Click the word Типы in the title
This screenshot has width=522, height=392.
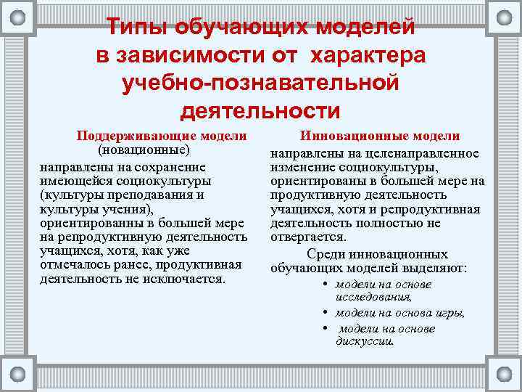(x=135, y=28)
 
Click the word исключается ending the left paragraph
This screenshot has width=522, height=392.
(x=188, y=279)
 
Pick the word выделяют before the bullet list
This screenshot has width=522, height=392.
(x=436, y=268)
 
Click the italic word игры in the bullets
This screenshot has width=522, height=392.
(x=448, y=313)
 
